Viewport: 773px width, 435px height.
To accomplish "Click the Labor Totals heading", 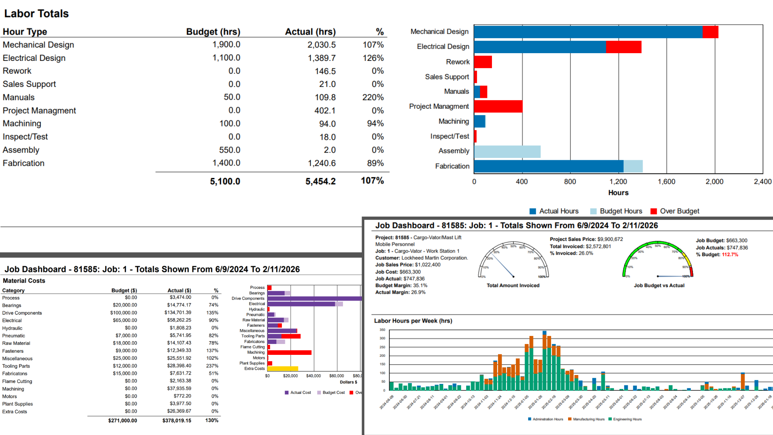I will [36, 14].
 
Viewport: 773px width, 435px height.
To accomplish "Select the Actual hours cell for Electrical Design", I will [321, 58].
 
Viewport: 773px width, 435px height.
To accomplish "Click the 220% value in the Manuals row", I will [373, 97].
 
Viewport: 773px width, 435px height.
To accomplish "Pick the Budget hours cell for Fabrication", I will [226, 163].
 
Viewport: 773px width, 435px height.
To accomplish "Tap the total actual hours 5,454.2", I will [320, 181].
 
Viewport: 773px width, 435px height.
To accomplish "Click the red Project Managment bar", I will [498, 106].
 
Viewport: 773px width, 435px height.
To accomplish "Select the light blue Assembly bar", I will [507, 151].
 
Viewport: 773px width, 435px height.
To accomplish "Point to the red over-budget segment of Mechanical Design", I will [710, 32].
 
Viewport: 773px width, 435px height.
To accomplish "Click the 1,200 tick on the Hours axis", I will [618, 182].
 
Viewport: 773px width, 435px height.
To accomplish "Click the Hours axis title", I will [618, 193].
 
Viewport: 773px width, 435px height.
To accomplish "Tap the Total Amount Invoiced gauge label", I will [513, 286].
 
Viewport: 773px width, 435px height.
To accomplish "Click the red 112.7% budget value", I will [730, 255].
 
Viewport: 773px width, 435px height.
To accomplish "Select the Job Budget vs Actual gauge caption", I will [659, 286].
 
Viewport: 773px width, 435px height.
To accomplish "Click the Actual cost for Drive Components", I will [178, 313].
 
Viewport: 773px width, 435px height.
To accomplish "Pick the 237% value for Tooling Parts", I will [212, 366].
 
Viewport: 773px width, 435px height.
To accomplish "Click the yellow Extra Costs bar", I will [283, 369].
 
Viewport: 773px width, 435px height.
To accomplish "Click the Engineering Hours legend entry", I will [627, 419].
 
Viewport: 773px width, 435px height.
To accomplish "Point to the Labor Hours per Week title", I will [413, 321].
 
